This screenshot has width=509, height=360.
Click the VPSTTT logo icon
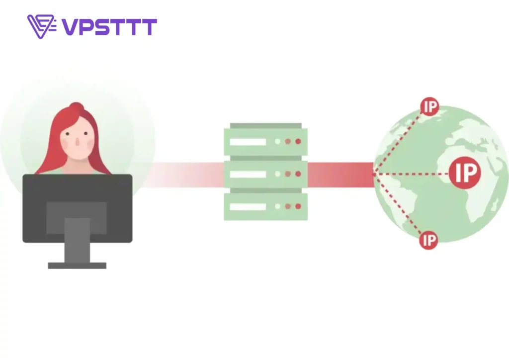point(42,26)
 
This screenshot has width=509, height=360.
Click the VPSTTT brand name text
point(109,27)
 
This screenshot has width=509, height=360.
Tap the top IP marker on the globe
point(429,106)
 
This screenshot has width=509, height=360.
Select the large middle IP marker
point(465,173)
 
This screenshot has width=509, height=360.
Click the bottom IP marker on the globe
point(428,240)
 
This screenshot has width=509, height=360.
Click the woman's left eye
point(67,133)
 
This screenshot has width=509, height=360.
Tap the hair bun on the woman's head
point(76,107)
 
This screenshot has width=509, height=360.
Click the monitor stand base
point(77,266)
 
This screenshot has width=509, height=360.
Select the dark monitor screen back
point(77,208)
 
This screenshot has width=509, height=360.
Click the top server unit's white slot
point(248,142)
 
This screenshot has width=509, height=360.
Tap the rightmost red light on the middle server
point(298,174)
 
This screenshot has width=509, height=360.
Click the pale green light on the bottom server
point(277,206)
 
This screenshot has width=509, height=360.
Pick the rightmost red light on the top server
point(298,141)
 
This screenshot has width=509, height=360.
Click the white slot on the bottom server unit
point(248,207)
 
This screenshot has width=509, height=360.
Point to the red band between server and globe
point(340,175)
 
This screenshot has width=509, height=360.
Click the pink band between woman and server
point(183,175)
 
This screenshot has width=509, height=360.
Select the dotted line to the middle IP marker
point(412,174)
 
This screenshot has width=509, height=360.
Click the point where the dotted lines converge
point(374,174)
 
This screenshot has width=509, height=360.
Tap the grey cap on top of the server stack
point(266,126)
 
